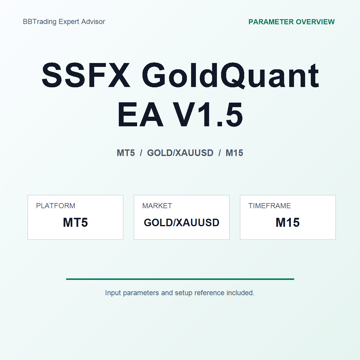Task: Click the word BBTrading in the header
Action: tap(40, 22)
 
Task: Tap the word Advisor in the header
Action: tap(93, 22)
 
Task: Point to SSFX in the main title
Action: tap(86, 75)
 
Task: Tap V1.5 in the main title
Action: tap(208, 114)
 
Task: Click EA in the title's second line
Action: tap(140, 114)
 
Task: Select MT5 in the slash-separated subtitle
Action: tap(126, 153)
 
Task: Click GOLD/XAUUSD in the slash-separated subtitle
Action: tap(180, 153)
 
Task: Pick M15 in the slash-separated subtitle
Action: tap(234, 153)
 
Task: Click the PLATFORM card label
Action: tap(56, 206)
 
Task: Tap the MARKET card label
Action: tap(157, 206)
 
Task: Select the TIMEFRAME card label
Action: tap(270, 206)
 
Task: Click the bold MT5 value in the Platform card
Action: tap(75, 222)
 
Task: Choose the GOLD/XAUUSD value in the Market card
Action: tap(181, 223)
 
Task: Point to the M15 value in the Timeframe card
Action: tap(288, 222)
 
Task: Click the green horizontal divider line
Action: tap(180, 279)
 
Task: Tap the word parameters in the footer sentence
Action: tap(141, 293)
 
